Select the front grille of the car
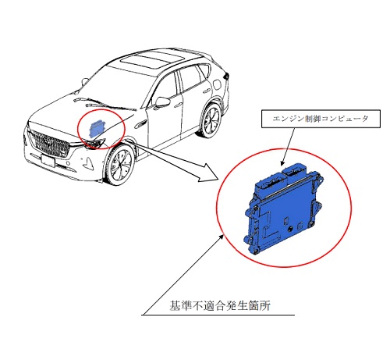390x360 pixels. point(49,144)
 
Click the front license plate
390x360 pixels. point(48,161)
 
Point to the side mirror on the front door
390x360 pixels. point(162,102)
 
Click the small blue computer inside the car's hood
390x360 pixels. point(96,128)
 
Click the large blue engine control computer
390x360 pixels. point(283,208)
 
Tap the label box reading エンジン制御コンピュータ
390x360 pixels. point(321,119)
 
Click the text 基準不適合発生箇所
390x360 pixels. point(220,305)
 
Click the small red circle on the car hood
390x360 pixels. point(102,130)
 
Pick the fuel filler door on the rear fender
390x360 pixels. point(217,84)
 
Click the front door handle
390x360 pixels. point(178,105)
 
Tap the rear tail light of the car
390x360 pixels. point(226,76)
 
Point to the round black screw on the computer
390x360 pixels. point(289,230)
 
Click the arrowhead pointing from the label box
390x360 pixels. point(282,163)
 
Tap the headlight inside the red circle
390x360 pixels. point(95,143)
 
